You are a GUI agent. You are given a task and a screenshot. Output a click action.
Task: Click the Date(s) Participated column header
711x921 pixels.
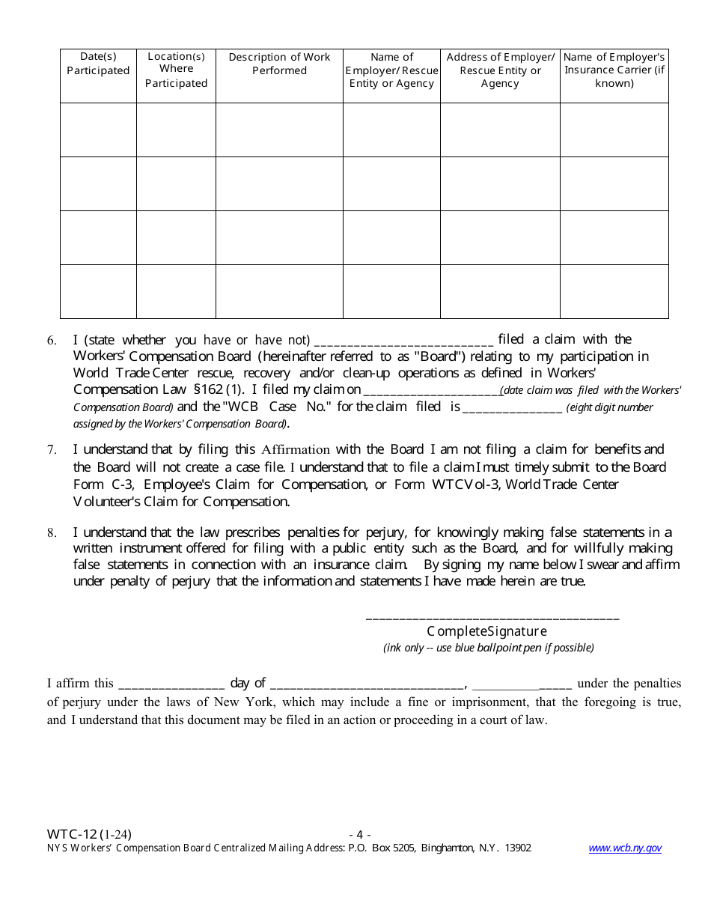coord(98,64)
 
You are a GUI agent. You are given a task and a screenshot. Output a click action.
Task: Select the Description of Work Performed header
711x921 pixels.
coord(279,64)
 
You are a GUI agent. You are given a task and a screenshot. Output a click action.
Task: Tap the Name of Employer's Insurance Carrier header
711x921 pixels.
coord(614,70)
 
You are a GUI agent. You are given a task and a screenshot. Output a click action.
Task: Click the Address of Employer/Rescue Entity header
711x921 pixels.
coord(500,70)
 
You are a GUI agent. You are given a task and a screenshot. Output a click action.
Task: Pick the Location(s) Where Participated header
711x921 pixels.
coord(176,70)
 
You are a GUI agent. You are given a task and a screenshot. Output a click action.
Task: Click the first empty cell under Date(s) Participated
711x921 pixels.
coord(98,130)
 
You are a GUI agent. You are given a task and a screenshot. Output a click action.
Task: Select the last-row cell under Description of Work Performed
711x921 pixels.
coord(279,291)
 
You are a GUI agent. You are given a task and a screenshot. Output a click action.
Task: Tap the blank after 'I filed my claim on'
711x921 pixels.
coord(431,390)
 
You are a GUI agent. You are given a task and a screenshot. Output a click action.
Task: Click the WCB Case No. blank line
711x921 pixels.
coord(512,408)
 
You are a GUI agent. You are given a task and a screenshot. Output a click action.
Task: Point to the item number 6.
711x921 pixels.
coord(52,341)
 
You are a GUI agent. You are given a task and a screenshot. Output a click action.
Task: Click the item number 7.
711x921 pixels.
coord(52,450)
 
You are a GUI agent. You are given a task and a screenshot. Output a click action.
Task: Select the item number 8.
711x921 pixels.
coord(52,533)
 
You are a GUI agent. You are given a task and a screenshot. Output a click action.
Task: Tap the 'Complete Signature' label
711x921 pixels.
coord(487,631)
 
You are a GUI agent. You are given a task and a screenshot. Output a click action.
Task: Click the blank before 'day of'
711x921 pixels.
coord(171,684)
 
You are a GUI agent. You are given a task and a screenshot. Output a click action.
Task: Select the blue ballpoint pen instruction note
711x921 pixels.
coord(488,648)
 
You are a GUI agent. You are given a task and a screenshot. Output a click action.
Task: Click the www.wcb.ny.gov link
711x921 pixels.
coord(625,848)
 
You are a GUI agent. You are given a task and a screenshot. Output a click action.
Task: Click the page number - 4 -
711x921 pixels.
coord(359,834)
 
